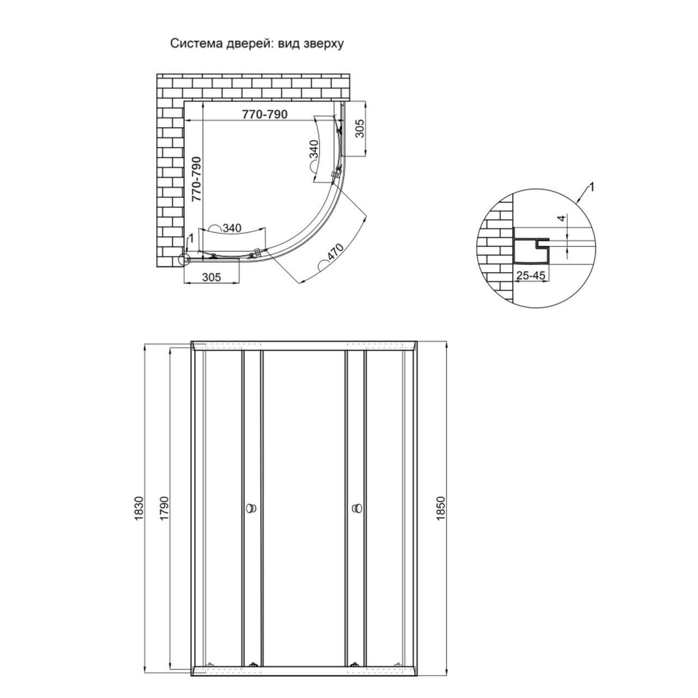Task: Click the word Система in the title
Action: coord(196,44)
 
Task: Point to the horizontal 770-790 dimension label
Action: coord(264,115)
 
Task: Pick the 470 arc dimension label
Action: coord(334,254)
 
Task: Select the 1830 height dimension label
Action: coord(139,508)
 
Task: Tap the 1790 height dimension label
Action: coord(164,508)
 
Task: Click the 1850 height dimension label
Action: coord(441,508)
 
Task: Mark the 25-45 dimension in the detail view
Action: coord(531,275)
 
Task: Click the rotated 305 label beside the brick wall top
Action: coord(360,129)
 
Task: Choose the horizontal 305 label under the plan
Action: coord(212,277)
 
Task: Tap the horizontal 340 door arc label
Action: coord(232,228)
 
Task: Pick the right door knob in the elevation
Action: coord(356,508)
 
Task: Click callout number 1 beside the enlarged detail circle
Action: coord(592,187)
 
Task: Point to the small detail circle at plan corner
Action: coord(185,259)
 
